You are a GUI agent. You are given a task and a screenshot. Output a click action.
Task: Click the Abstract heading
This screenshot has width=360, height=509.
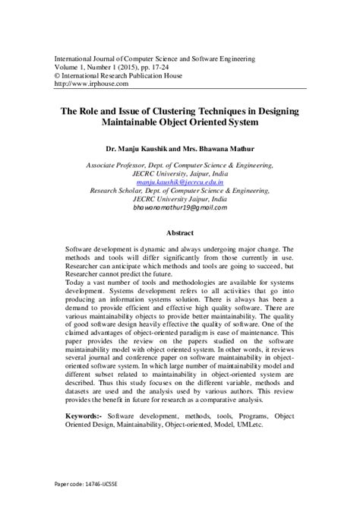point(181,233)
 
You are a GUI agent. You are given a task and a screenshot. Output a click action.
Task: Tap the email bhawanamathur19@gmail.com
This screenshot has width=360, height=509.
point(181,207)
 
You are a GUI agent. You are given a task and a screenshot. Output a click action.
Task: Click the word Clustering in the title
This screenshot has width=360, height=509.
point(185,111)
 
